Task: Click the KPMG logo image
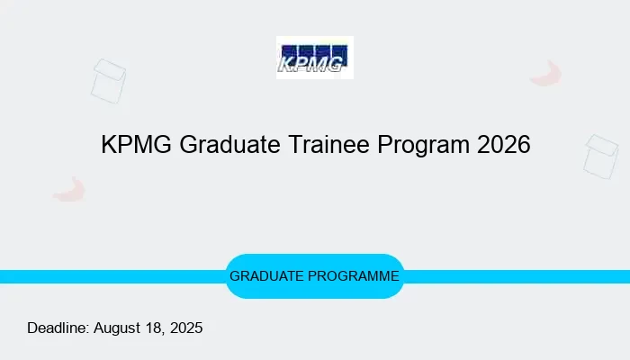pyautogui.click(x=314, y=58)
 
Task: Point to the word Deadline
pyautogui.click(x=58, y=328)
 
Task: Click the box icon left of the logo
pyautogui.click(x=108, y=81)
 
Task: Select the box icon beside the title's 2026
pyautogui.click(x=601, y=156)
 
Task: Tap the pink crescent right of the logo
pyautogui.click(x=546, y=74)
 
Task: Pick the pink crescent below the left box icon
pyautogui.click(x=69, y=189)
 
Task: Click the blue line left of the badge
pyautogui.click(x=108, y=276)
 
